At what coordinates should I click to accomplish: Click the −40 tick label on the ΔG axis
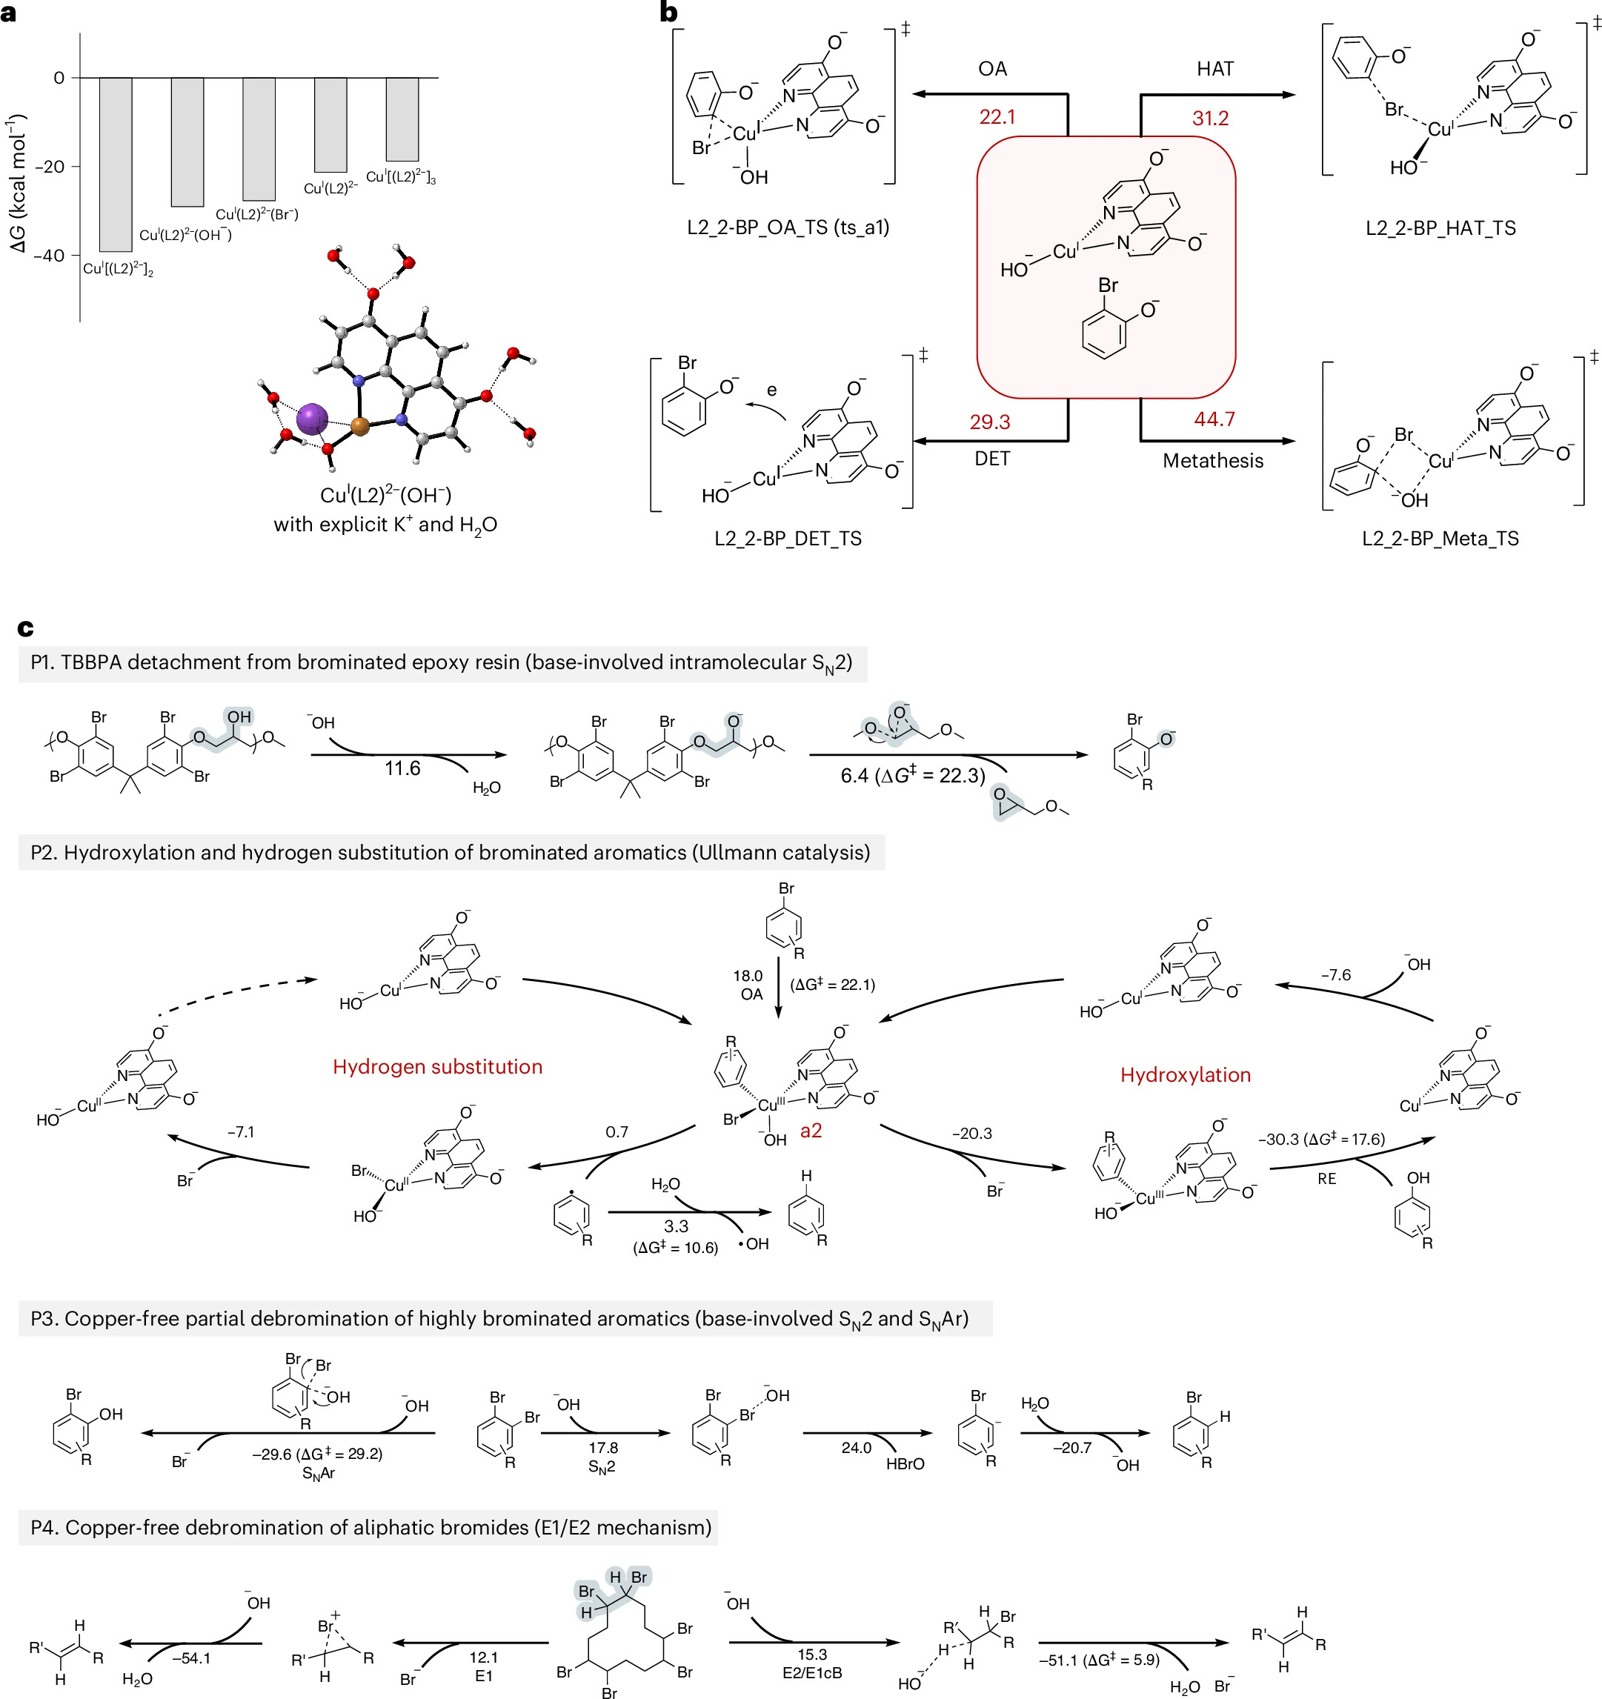(x=50, y=255)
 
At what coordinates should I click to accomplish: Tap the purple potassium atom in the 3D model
(x=312, y=418)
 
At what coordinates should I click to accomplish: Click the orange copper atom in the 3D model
(x=360, y=425)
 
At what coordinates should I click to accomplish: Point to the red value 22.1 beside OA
(x=997, y=117)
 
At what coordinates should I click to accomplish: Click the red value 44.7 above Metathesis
(x=1214, y=419)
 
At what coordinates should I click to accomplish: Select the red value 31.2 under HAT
(x=1211, y=118)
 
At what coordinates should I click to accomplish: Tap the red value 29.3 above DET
(x=990, y=422)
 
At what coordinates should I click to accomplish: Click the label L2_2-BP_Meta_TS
(x=1440, y=539)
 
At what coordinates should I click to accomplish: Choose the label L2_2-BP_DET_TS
(x=788, y=539)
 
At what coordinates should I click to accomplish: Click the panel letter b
(x=668, y=12)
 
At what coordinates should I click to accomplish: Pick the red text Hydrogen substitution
(x=438, y=1066)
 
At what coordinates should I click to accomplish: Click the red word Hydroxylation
(x=1186, y=1075)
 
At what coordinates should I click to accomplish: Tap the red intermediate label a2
(x=811, y=1131)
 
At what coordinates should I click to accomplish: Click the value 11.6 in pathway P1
(x=402, y=768)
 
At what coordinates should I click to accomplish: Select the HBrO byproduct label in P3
(x=905, y=1464)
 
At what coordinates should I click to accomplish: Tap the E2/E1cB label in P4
(x=812, y=1672)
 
